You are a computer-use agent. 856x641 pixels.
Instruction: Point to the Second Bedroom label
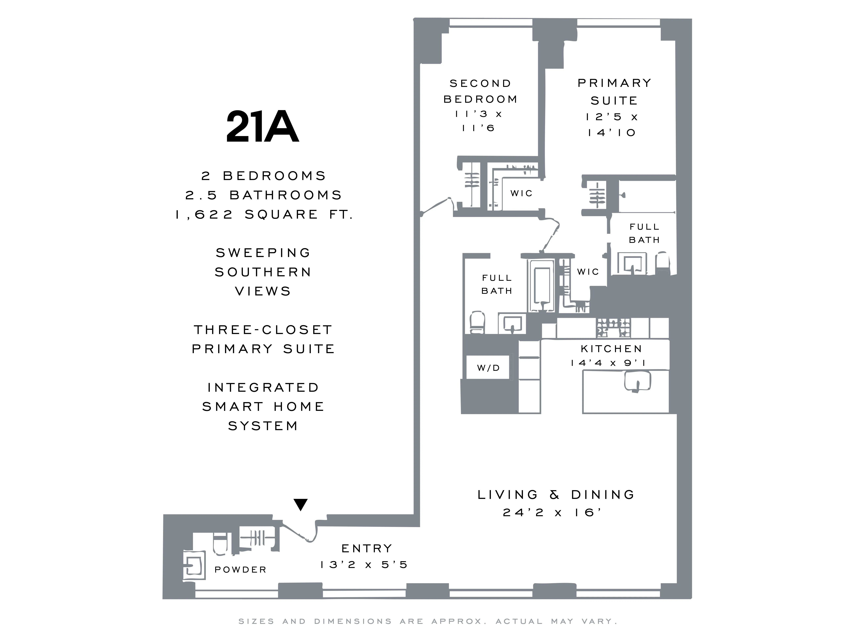point(480,91)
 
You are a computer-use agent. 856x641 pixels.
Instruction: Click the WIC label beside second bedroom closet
point(521,193)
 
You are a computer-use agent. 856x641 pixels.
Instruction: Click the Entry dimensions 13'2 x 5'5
point(364,565)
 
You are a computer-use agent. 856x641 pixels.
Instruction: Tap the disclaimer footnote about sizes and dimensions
point(428,621)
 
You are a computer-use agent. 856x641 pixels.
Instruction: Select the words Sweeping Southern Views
point(263,272)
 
